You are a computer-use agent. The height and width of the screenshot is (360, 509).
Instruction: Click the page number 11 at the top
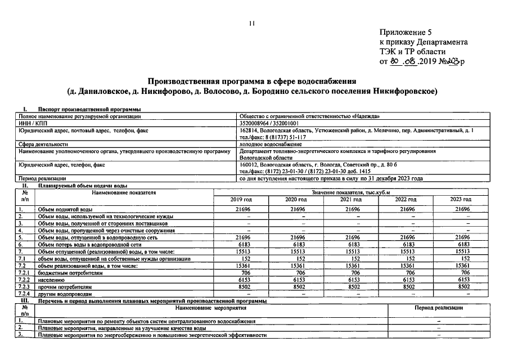[x=252, y=22]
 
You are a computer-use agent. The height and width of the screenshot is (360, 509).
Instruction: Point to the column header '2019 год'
[x=241, y=200]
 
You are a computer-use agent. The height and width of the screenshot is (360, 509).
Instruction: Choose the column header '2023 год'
[x=461, y=200]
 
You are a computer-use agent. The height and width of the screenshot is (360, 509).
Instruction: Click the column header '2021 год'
[x=352, y=200]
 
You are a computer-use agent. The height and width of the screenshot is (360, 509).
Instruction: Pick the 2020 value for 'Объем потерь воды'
[x=296, y=245]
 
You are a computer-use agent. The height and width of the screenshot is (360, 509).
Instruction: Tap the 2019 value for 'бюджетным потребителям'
[x=242, y=272]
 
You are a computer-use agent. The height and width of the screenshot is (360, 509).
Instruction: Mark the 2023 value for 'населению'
[x=461, y=279]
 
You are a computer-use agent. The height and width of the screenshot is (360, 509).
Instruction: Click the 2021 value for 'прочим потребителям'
[x=352, y=286]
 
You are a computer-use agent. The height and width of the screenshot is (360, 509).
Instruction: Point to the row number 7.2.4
[x=24, y=293]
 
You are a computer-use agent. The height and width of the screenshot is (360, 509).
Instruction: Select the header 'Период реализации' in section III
[x=439, y=308]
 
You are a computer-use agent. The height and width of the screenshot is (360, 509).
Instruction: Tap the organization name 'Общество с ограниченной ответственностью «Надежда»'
[x=309, y=116]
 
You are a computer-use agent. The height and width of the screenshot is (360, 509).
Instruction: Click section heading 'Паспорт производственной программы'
[x=89, y=109]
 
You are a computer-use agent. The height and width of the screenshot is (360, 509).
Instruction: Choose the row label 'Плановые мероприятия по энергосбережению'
[x=151, y=335]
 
